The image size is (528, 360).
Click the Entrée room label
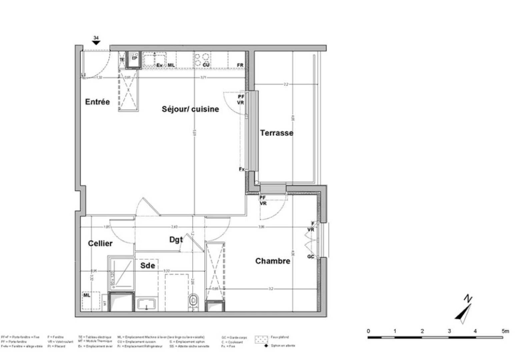[97, 102]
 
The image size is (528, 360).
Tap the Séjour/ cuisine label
[190, 109]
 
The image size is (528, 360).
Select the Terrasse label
[277, 133]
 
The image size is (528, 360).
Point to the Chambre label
[273, 261]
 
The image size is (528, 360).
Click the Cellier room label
[100, 243]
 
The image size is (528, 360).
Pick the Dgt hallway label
[176, 239]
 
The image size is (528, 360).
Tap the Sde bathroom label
[148, 265]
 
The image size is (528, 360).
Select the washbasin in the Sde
[147, 304]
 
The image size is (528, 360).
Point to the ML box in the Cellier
[87, 295]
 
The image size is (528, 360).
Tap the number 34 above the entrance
[96, 38]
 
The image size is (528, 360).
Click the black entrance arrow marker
[96, 43]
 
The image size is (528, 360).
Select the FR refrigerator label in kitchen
[240, 65]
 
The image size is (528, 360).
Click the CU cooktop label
[206, 65]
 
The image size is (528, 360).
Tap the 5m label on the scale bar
[505, 331]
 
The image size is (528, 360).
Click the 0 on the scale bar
[368, 331]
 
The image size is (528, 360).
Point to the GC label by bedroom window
[310, 256]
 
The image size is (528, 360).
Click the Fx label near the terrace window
[242, 169]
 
